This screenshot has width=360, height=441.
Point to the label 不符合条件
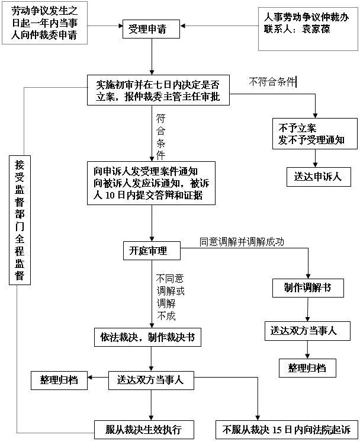(273, 82)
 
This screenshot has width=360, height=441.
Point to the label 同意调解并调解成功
(242, 241)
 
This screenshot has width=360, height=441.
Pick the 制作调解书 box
(301, 288)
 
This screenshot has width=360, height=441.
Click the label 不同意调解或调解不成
(170, 296)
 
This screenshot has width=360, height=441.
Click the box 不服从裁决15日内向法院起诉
(287, 429)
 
